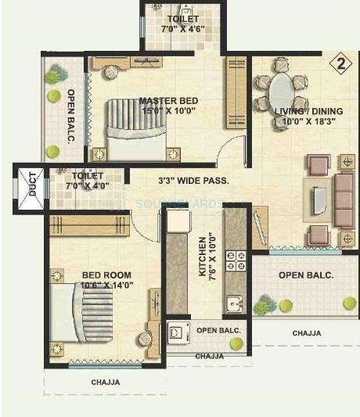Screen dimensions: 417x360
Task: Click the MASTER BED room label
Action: coord(168,100)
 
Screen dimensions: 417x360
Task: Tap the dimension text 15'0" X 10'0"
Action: coord(167,110)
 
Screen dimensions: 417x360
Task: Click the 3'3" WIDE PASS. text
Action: coord(193,181)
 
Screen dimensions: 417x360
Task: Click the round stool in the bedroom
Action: coord(145,339)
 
